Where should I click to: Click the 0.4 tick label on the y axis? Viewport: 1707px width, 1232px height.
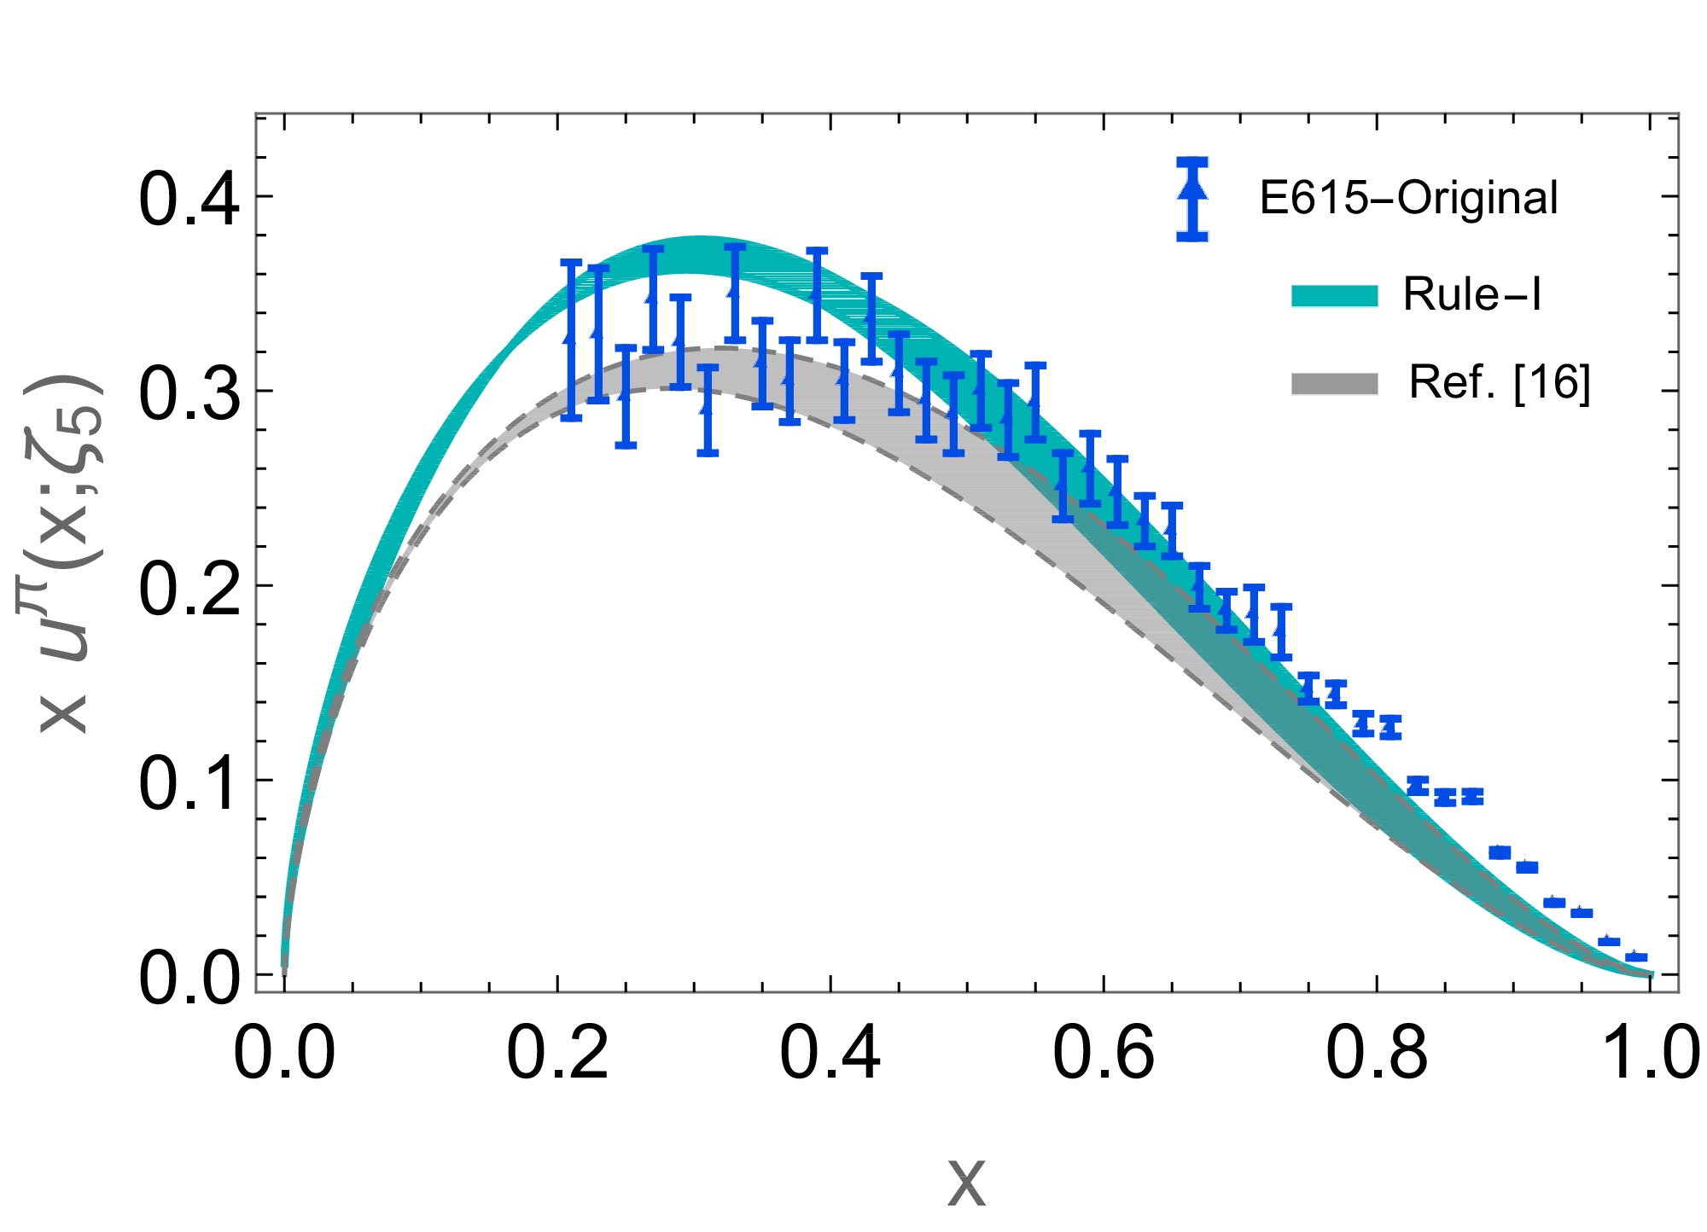(188, 200)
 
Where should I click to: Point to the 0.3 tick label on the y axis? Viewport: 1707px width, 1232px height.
(188, 393)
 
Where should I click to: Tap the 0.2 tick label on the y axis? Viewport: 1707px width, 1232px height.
(188, 588)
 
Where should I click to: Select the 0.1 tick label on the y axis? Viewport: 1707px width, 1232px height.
(188, 782)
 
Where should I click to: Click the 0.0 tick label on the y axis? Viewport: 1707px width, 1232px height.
(188, 977)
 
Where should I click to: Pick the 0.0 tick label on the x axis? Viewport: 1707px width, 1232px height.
(284, 1054)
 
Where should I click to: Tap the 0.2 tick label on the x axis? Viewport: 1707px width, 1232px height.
(557, 1054)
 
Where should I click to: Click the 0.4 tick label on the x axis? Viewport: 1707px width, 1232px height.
(830, 1054)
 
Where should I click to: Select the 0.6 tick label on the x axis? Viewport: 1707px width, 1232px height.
(1104, 1054)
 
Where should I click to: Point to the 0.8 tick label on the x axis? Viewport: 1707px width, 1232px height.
(1377, 1054)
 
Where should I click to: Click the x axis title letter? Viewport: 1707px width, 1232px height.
(966, 1183)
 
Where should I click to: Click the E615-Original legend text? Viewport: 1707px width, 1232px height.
(1408, 198)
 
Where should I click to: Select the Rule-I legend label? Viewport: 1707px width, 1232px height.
(1472, 294)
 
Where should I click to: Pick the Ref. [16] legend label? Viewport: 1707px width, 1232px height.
(1500, 382)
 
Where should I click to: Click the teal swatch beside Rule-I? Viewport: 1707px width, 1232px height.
(1335, 295)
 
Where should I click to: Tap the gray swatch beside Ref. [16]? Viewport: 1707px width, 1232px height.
(1335, 384)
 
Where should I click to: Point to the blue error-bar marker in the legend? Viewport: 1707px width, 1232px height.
(1192, 198)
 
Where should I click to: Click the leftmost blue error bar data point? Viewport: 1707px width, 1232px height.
(571, 340)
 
